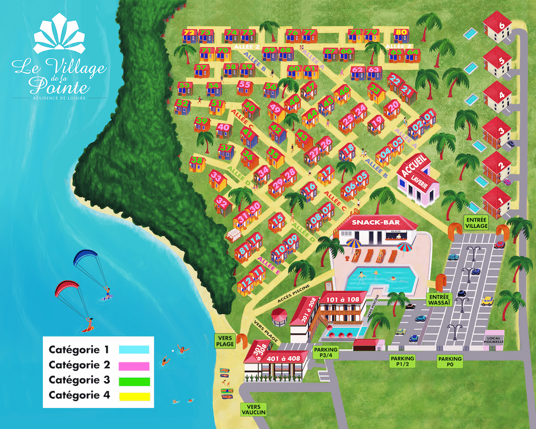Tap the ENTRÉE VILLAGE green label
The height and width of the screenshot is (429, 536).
click(x=476, y=222)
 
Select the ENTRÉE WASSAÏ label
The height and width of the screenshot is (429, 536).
click(x=438, y=299)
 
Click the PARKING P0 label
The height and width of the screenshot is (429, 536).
click(x=450, y=361)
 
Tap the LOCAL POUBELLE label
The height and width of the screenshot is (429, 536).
click(x=494, y=339)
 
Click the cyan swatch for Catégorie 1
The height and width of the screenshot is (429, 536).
click(x=134, y=349)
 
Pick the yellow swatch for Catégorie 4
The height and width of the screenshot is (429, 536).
click(x=134, y=396)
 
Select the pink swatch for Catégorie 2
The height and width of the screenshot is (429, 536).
click(x=134, y=365)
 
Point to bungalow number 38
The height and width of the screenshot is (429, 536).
click(x=197, y=161)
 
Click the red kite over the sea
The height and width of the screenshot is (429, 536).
click(x=66, y=288)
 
